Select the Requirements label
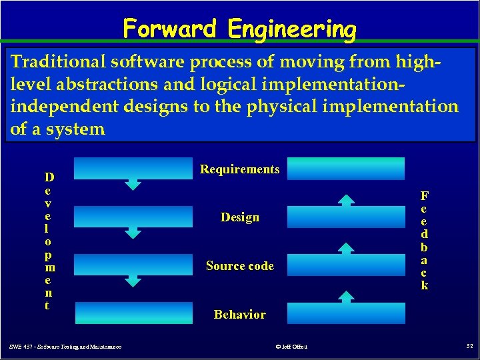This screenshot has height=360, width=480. [239, 169]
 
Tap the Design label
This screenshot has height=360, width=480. [240, 217]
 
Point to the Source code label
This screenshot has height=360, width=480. [239, 266]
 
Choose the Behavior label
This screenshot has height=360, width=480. [239, 315]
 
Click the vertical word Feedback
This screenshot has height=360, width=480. [424, 241]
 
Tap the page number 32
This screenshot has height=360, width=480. [468, 345]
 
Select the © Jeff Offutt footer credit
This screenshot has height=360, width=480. [291, 346]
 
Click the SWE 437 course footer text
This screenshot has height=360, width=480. [65, 346]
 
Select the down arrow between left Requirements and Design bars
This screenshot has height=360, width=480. [134, 185]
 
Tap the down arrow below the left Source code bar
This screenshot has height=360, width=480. [134, 281]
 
